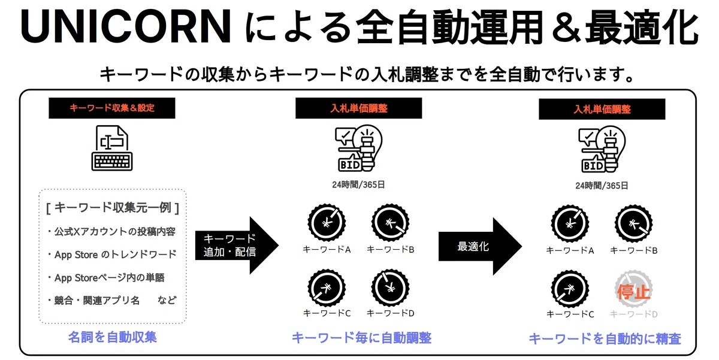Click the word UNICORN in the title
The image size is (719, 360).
tap(126, 27)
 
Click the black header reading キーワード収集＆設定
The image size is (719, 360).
tap(112, 108)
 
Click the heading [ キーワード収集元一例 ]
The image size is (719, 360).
tap(113, 208)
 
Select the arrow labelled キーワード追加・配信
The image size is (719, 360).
tap(237, 246)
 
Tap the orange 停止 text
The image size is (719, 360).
tap(633, 292)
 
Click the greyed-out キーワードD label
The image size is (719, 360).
tap(633, 314)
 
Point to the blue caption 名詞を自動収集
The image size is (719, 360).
tap(113, 337)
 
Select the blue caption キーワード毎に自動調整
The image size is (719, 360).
tap(361, 338)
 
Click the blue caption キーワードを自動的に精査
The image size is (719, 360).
tap(605, 338)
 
